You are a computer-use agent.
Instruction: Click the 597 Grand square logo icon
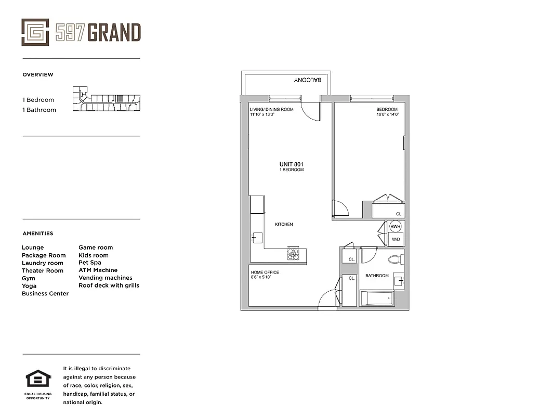[x=35, y=32]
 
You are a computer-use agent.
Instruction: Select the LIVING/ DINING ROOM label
[x=272, y=110]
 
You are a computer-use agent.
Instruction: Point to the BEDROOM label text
[x=387, y=110]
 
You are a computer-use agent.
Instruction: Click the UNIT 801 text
[x=291, y=164]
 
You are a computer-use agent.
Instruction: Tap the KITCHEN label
[x=284, y=224]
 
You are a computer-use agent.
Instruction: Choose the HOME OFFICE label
[x=265, y=272]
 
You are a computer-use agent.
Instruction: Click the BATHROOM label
[x=377, y=276]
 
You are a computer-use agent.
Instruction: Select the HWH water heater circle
[x=396, y=226]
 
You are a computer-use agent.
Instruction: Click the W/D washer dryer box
[x=396, y=239]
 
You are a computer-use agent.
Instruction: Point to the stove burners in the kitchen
[x=293, y=254]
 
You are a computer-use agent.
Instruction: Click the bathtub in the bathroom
[x=377, y=298]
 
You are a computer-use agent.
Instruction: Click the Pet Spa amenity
[x=90, y=263]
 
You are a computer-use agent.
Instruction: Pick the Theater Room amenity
[x=42, y=270]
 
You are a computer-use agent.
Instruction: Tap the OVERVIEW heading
[x=38, y=75]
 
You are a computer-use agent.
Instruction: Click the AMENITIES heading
[x=38, y=233]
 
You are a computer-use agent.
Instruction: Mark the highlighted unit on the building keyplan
[x=120, y=98]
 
